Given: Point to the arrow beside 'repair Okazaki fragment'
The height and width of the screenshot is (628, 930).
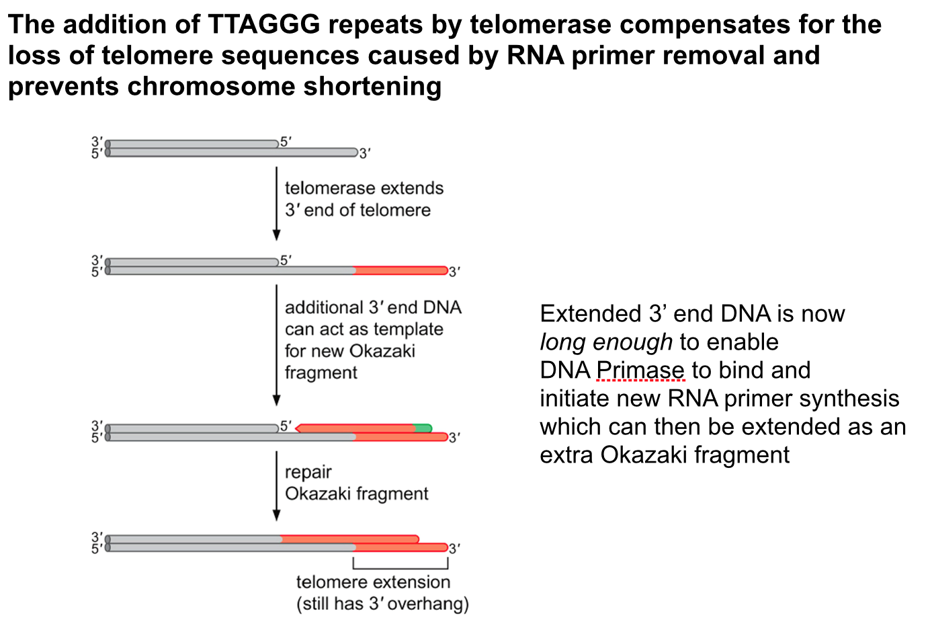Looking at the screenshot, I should coord(276,485).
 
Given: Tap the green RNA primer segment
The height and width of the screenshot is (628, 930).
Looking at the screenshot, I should coord(423,428).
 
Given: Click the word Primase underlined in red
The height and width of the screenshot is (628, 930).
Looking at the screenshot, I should coord(640,370).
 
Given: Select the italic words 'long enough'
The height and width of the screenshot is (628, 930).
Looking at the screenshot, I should coord(605,342).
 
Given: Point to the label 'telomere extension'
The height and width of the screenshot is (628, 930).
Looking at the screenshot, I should coord(373,582).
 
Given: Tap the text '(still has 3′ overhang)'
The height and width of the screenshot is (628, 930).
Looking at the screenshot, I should coord(382,604).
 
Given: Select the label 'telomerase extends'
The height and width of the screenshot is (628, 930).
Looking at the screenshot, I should coord(364,188).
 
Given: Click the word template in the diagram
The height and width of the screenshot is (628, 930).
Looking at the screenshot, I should coord(408,329).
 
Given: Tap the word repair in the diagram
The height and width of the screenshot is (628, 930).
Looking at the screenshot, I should coord(308,473).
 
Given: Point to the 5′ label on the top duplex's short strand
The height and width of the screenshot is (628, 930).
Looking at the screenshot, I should coord(286,142).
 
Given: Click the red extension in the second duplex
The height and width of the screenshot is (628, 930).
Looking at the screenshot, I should coord(400,270).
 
